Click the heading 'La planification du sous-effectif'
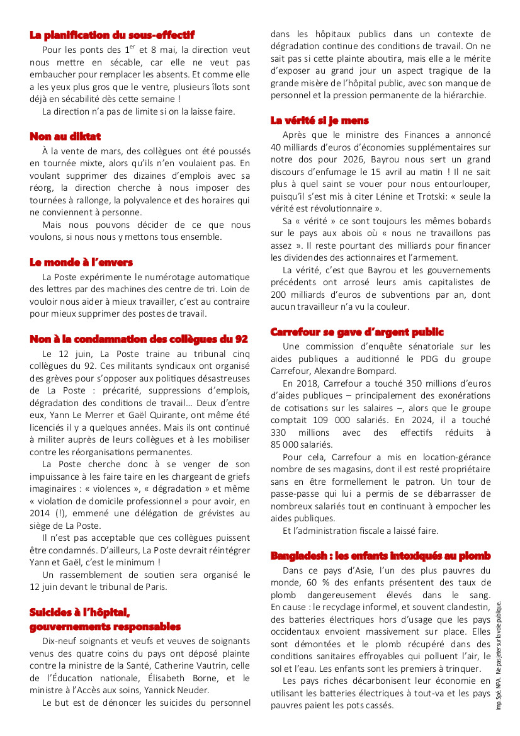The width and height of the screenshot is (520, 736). pyautogui.click(x=112, y=35)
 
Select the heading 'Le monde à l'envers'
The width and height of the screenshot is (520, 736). pyautogui.click(x=81, y=262)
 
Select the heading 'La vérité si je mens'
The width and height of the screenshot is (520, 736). pyautogui.click(x=319, y=120)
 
